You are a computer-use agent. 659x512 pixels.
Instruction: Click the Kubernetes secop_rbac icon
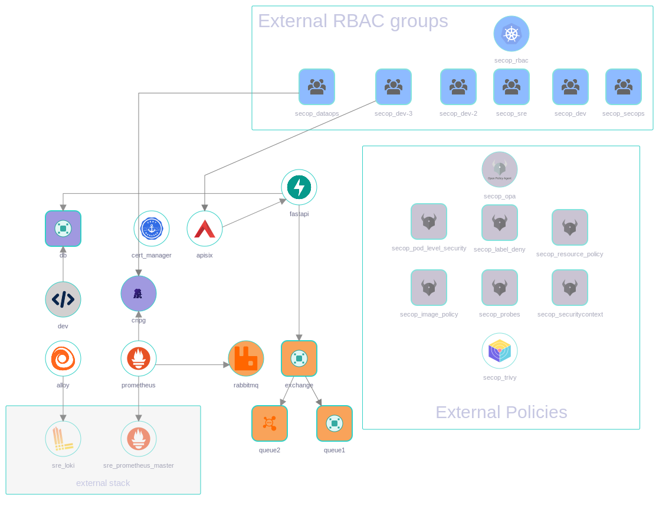pos(512,34)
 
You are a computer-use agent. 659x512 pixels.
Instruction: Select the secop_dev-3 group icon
pos(394,87)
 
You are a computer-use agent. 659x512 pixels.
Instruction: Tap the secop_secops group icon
pos(624,87)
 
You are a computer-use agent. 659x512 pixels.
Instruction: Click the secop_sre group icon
pos(512,87)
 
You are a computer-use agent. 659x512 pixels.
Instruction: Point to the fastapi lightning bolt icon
pos(299,187)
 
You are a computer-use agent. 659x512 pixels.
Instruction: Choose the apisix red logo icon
pos(205,229)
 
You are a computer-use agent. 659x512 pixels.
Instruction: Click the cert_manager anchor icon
pos(152,229)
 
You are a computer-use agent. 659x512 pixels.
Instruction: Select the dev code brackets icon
pos(63,299)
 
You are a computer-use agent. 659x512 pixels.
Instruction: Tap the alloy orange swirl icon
pos(63,358)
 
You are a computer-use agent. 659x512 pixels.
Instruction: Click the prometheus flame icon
pos(139,358)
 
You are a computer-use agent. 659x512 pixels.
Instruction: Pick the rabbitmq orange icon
pos(246,358)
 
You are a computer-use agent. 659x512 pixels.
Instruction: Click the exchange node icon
pos(299,358)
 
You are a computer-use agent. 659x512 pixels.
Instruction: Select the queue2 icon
pos(270,423)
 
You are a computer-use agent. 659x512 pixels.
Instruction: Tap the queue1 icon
pos(335,423)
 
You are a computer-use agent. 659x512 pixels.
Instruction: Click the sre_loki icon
pos(63,439)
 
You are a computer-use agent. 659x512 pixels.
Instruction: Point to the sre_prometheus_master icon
pos(139,439)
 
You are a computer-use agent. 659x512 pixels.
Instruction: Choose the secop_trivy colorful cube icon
pos(500,351)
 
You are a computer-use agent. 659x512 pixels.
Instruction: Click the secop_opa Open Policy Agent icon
pos(500,169)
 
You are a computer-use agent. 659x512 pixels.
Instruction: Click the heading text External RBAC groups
pos(353,21)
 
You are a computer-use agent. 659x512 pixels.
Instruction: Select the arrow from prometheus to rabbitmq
pos(192,365)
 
